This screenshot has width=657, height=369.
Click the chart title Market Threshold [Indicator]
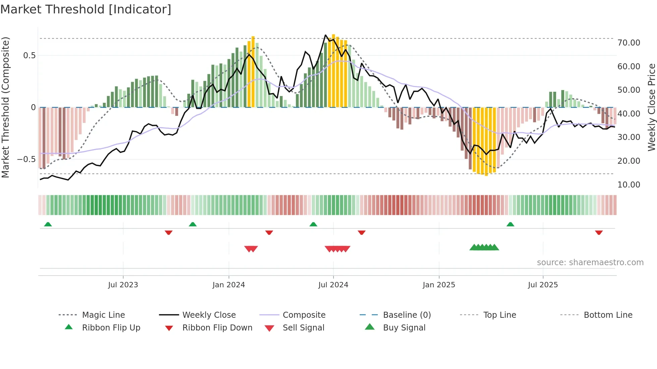pyautogui.click(x=86, y=9)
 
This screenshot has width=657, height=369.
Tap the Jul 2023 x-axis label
pyautogui.click(x=123, y=285)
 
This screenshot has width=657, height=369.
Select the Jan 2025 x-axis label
pyautogui.click(x=439, y=285)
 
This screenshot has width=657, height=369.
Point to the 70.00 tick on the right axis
pyautogui.click(x=629, y=43)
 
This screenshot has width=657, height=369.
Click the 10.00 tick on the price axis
pyautogui.click(x=629, y=185)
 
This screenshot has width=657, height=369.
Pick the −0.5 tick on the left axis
pyautogui.click(x=26, y=159)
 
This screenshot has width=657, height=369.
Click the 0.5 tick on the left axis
pyautogui.click(x=29, y=56)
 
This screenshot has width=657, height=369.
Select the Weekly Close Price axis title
pyautogui.click(x=651, y=107)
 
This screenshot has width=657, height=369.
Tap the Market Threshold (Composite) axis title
pyautogui.click(x=5, y=107)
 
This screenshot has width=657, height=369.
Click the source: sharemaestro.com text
pyautogui.click(x=590, y=263)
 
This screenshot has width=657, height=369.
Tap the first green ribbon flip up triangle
pyautogui.click(x=48, y=224)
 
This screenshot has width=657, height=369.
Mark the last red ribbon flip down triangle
pyautogui.click(x=599, y=233)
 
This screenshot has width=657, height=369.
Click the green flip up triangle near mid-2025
pyautogui.click(x=510, y=224)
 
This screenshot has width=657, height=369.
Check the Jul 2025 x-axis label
pyautogui.click(x=543, y=285)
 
